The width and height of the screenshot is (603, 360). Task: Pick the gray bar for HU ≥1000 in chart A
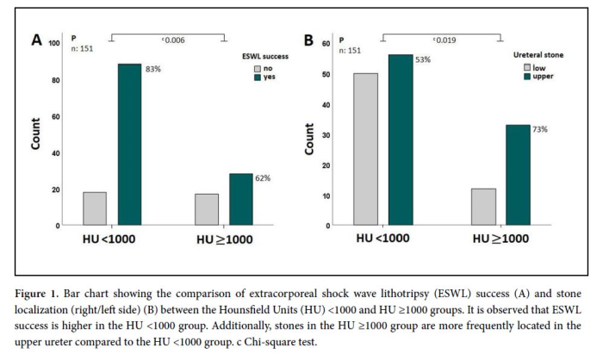[x=207, y=209]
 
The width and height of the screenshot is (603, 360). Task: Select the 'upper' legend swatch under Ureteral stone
[x=528, y=76]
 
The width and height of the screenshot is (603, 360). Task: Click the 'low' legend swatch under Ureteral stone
[x=528, y=65]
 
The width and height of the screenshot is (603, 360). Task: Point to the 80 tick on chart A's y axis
[x=54, y=80]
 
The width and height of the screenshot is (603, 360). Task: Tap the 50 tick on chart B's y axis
[x=326, y=74]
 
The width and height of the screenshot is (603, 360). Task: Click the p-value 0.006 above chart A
[x=174, y=40]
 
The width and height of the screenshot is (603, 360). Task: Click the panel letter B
[x=309, y=40]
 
